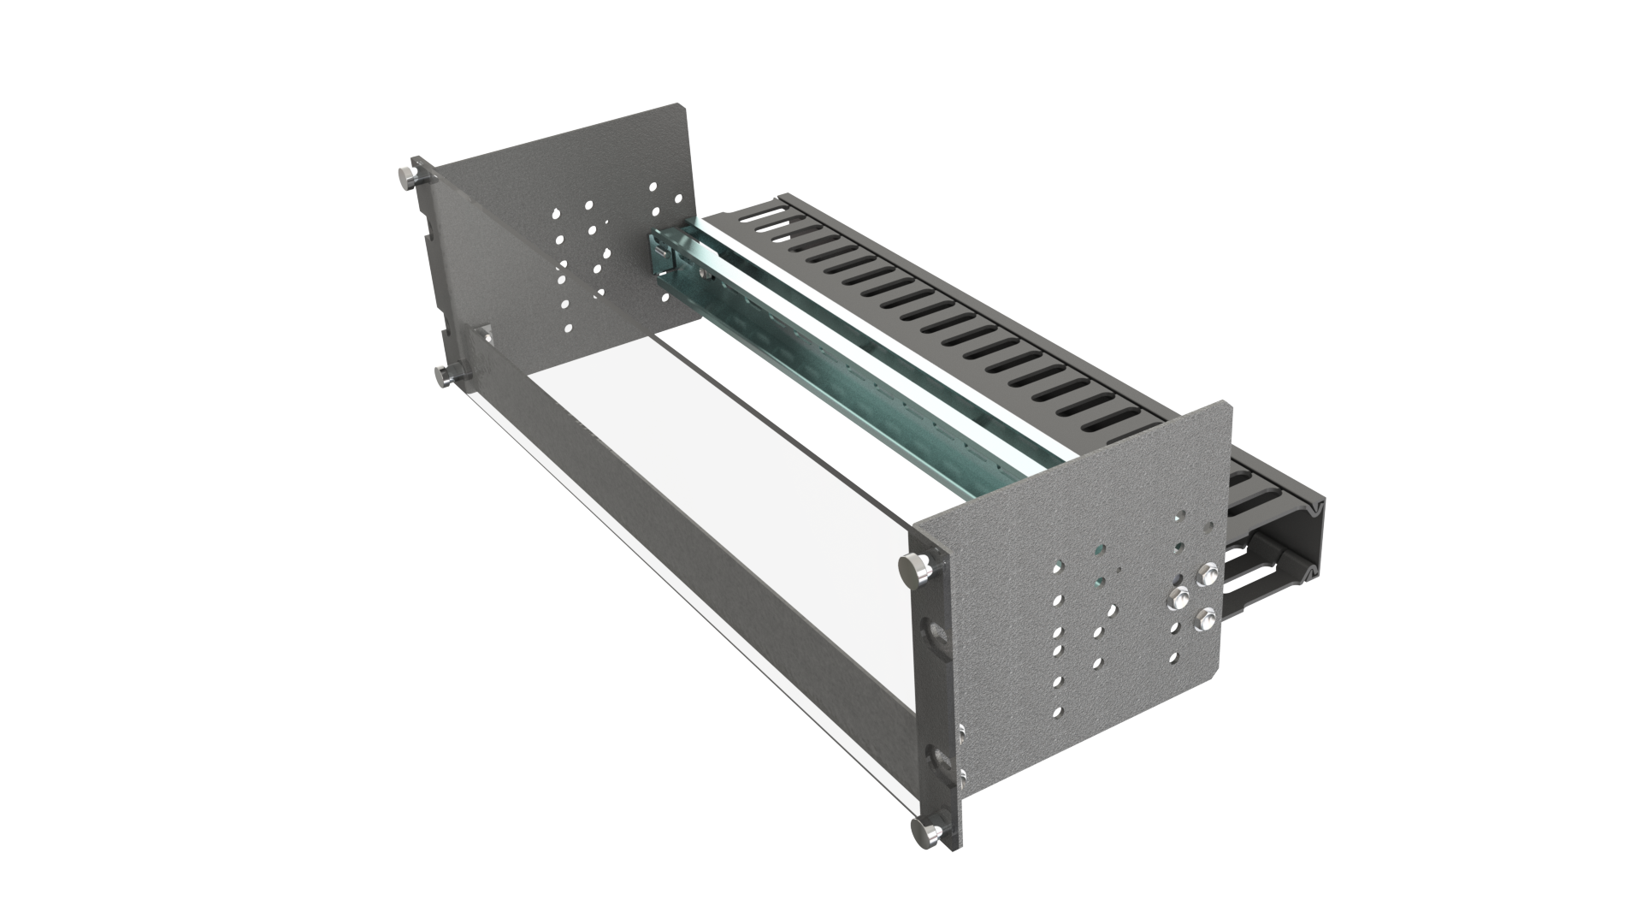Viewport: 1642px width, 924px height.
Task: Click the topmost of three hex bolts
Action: [x=1208, y=575]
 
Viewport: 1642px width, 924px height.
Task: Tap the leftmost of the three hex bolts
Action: [x=1178, y=596]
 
